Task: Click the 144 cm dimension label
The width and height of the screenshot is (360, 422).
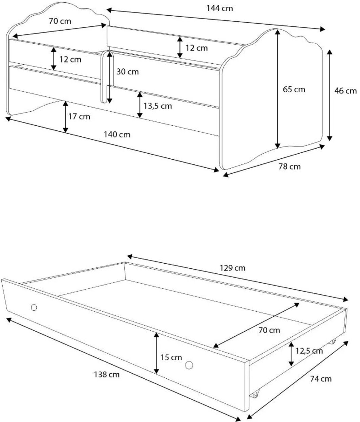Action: (x=220, y=8)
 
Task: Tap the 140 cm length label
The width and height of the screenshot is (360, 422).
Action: (x=117, y=135)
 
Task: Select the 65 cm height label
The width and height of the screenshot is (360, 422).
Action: (x=294, y=89)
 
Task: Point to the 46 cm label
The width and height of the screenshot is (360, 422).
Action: (x=345, y=91)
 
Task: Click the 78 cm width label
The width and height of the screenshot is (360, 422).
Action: (x=290, y=167)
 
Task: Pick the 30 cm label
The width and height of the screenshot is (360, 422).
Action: (x=128, y=72)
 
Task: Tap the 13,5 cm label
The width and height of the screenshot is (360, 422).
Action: (x=157, y=106)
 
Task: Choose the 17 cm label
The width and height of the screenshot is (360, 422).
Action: (x=79, y=116)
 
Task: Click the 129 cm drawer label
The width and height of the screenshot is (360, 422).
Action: (x=233, y=268)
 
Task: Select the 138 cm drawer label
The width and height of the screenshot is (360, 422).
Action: (x=107, y=374)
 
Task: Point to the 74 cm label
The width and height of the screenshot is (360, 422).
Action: (x=321, y=379)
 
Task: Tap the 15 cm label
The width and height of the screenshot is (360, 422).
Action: (x=171, y=357)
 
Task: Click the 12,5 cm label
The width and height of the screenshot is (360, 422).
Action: (x=309, y=351)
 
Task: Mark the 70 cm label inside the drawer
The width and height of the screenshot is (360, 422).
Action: (x=269, y=330)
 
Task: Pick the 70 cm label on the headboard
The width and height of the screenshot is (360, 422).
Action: (x=60, y=21)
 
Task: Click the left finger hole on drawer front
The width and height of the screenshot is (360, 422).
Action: (x=34, y=307)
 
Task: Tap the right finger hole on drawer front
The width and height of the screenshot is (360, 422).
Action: (x=189, y=365)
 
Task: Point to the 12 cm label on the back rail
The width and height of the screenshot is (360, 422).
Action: (x=196, y=48)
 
